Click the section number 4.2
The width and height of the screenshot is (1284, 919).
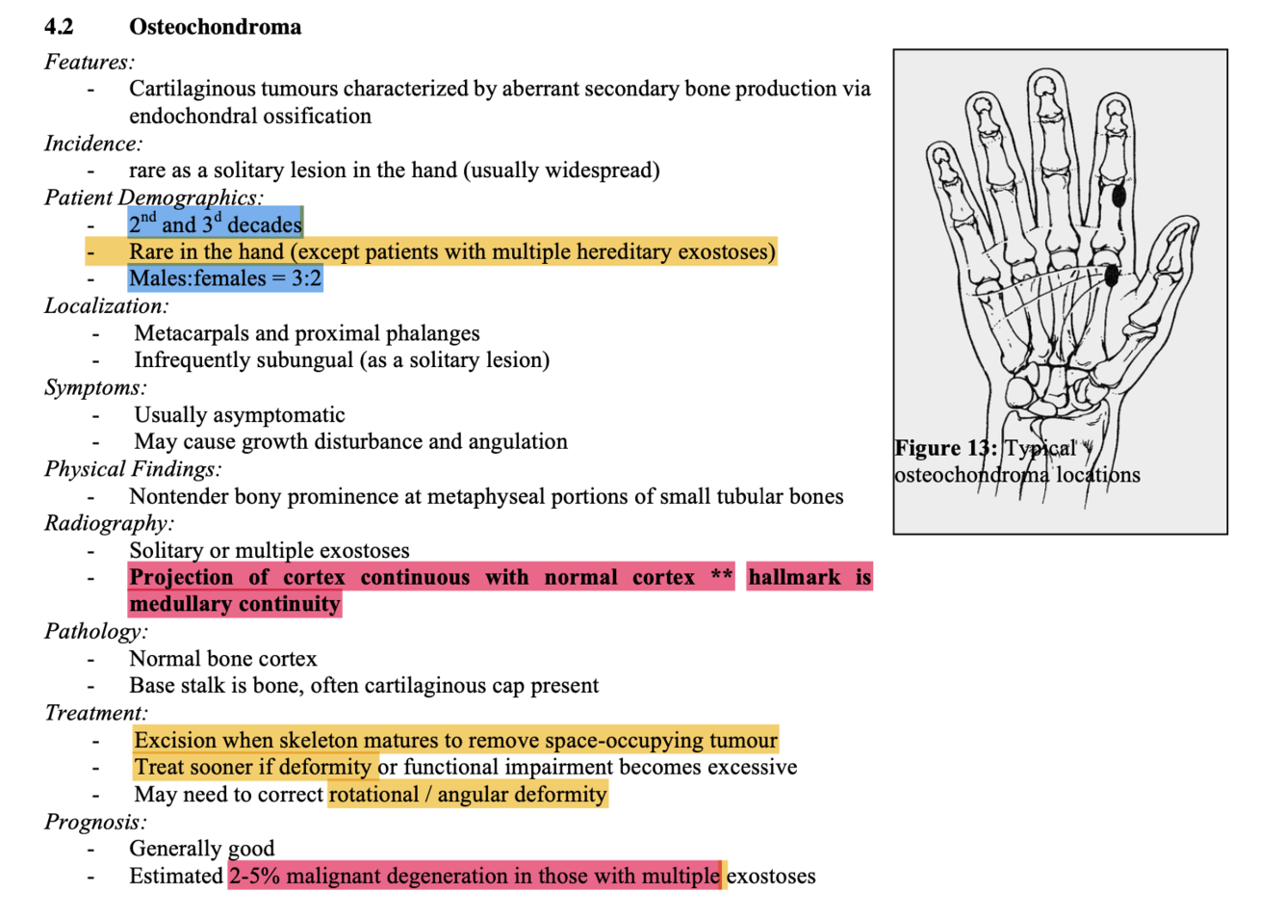[x=59, y=27]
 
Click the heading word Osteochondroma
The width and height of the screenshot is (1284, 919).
[x=215, y=27]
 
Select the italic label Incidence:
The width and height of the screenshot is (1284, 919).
[x=93, y=144]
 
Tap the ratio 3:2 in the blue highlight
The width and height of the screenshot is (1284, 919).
[x=306, y=278]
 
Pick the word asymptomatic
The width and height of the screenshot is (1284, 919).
[x=280, y=415]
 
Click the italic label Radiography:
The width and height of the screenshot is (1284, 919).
[x=109, y=523]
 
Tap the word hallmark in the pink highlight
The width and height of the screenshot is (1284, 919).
[x=794, y=577]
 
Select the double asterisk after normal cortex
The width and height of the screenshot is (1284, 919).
[x=722, y=576]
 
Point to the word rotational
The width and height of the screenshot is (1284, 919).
[x=373, y=795]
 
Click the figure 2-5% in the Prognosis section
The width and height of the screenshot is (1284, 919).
[x=254, y=876]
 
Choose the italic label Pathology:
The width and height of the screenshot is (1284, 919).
[x=96, y=631]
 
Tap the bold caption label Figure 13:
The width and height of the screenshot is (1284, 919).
[x=945, y=448]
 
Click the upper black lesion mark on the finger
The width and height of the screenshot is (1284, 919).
[x=1118, y=197]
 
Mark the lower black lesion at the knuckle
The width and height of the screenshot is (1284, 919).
[x=1111, y=276]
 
